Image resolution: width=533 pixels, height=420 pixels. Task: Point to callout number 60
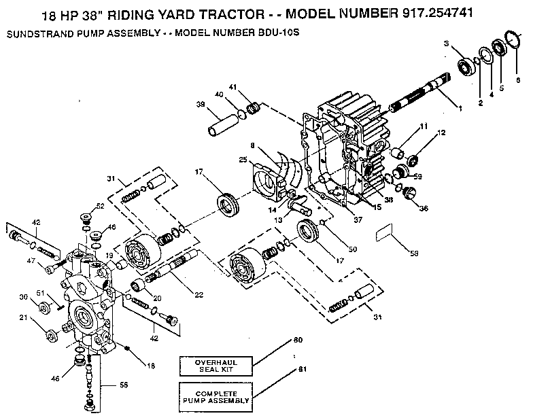296,338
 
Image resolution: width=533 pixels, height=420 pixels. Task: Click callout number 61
296,370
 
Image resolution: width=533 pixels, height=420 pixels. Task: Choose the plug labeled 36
409,194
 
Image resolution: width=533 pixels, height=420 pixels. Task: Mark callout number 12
442,133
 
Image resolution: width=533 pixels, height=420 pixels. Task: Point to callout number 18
150,365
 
